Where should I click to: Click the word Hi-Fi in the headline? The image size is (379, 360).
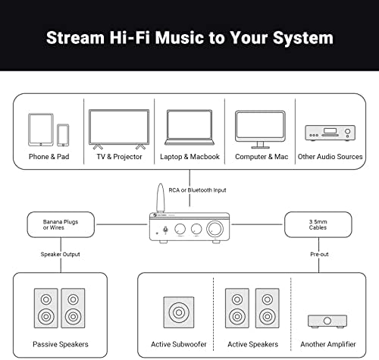tap(130, 38)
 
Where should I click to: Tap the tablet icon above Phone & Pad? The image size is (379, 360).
tap(41, 130)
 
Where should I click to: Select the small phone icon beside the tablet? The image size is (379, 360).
tap(63, 135)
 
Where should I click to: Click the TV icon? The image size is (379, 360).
tap(119, 129)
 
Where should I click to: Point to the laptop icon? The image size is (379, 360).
tap(189, 127)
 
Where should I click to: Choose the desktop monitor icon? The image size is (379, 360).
tap(260, 130)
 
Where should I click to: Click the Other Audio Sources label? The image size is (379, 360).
tap(330, 157)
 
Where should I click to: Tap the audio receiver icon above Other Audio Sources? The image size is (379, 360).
tap(330, 133)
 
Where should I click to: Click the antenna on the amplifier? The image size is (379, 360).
tap(160, 198)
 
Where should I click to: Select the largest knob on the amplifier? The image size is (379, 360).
tap(215, 229)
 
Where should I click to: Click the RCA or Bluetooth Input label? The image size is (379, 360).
tap(197, 190)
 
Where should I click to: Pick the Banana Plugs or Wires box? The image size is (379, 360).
tap(61, 224)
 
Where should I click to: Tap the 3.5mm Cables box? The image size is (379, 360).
tap(318, 224)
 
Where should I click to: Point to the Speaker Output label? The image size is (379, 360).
tap(61, 254)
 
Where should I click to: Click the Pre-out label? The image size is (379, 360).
tap(319, 254)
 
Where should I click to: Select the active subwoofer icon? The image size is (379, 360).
tap(179, 312)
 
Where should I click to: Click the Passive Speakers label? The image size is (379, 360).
tap(61, 344)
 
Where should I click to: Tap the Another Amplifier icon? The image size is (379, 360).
tap(327, 321)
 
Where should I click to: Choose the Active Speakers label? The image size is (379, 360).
tap(253, 344)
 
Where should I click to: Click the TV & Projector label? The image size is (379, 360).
tap(119, 157)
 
